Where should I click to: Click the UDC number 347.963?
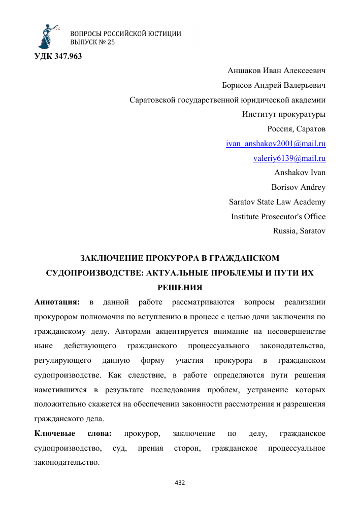(x=58, y=55)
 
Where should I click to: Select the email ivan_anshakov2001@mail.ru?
(x=276, y=144)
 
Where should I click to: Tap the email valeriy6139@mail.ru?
(x=289, y=158)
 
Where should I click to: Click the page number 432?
(x=180, y=482)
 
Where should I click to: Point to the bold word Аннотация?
(x=57, y=302)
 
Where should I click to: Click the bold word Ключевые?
(x=55, y=433)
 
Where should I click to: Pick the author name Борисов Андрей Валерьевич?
(x=274, y=85)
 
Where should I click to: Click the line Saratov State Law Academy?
(x=277, y=201)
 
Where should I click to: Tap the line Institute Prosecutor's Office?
(x=278, y=216)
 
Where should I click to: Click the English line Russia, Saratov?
(x=299, y=230)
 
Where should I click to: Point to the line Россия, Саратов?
(x=297, y=128)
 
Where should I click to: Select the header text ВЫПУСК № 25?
(x=92, y=42)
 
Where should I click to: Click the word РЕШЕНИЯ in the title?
(x=180, y=287)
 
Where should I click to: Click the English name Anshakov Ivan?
(x=300, y=173)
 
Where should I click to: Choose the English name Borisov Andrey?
(x=299, y=187)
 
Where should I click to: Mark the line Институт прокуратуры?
(x=284, y=114)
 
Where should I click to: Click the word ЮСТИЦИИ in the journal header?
(x=163, y=33)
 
